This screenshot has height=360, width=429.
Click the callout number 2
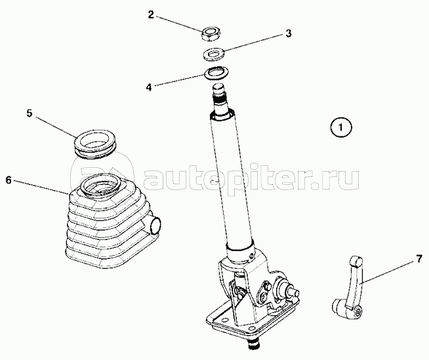click(x=151, y=15)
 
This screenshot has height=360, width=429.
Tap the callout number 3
click(x=289, y=33)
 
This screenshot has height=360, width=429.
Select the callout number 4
click(x=149, y=88)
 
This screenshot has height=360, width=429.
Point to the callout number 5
click(x=30, y=113)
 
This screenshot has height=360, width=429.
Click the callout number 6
click(x=9, y=180)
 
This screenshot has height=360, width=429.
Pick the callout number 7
click(x=419, y=259)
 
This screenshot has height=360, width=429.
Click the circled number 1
click(x=341, y=127)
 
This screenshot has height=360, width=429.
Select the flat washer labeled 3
click(x=214, y=54)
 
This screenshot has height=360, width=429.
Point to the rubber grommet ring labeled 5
click(x=95, y=144)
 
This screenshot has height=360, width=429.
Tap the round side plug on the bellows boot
click(x=155, y=224)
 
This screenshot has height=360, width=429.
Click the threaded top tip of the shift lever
click(x=220, y=96)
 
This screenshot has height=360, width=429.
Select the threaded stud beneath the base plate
click(x=254, y=345)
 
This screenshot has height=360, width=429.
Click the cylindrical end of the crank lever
click(x=338, y=306)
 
